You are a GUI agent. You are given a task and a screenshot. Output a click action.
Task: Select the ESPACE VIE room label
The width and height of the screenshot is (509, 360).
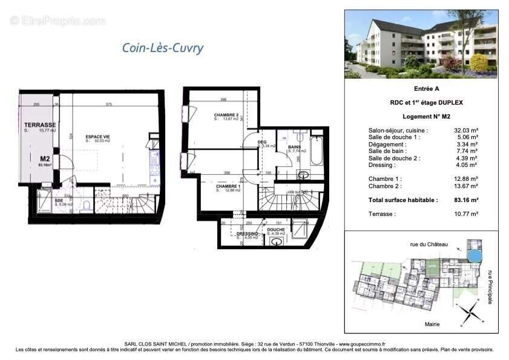tap(97, 137)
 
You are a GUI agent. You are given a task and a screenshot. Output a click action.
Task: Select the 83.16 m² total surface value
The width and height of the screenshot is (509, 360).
tap(466, 200)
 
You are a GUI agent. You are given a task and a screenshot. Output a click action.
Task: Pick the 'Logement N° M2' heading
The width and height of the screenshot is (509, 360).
tap(421, 116)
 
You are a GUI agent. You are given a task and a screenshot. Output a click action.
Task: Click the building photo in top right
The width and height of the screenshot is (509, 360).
tap(421, 44)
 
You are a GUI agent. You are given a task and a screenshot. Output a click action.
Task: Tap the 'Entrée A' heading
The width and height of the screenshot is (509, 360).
tap(421, 88)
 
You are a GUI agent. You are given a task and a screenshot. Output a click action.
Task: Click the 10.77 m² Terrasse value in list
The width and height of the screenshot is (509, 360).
tap(466, 214)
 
